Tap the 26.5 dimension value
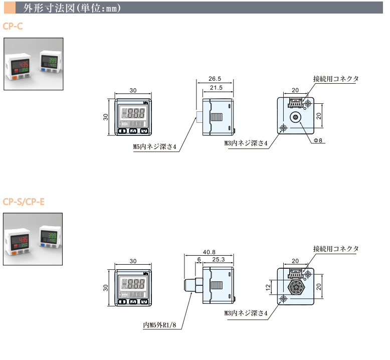tap(214, 79)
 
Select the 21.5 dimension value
tap(217, 88)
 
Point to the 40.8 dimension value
tap(209, 252)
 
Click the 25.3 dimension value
tap(218, 260)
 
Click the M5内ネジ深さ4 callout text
tap(154, 147)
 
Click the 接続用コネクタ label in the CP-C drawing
tap(336, 79)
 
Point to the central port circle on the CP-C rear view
tap(295, 117)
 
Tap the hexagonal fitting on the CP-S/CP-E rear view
tap(295, 288)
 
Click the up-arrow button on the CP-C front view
tap(133, 131)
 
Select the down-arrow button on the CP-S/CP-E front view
tap(144, 302)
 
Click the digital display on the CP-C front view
tap(133, 113)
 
